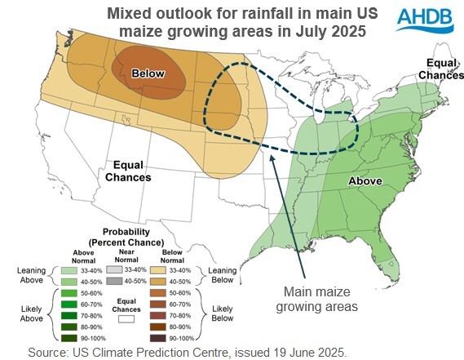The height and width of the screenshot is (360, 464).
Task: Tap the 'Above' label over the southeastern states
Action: [367, 180]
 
